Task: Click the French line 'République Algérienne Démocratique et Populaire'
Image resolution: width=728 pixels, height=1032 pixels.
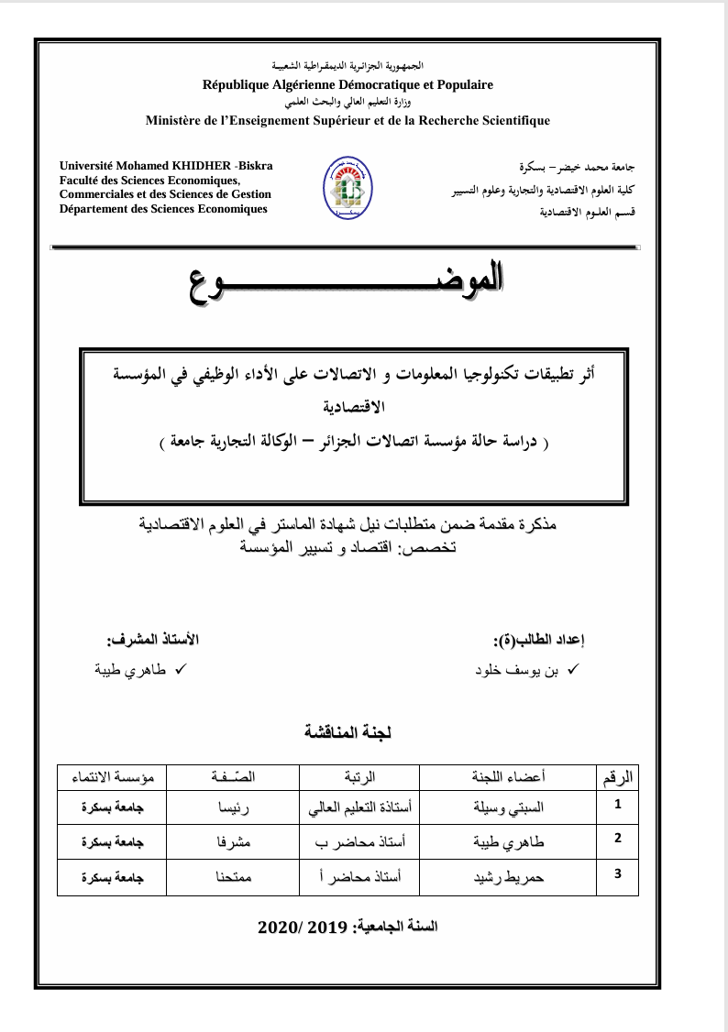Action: click(x=347, y=84)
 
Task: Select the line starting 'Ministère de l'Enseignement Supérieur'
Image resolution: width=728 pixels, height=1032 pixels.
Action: click(x=347, y=120)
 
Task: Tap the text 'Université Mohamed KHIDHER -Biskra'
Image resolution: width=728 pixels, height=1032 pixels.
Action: click(x=166, y=165)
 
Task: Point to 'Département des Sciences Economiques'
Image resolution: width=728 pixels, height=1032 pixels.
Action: click(x=163, y=209)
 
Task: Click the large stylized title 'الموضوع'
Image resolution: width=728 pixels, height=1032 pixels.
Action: click(x=347, y=282)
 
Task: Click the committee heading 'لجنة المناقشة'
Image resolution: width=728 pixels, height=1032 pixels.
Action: click(x=347, y=732)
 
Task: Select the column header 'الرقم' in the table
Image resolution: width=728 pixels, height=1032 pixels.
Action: click(x=617, y=777)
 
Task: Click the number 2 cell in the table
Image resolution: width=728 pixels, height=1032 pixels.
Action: click(x=617, y=837)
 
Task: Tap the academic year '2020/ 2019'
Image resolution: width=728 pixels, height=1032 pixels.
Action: click(x=303, y=927)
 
